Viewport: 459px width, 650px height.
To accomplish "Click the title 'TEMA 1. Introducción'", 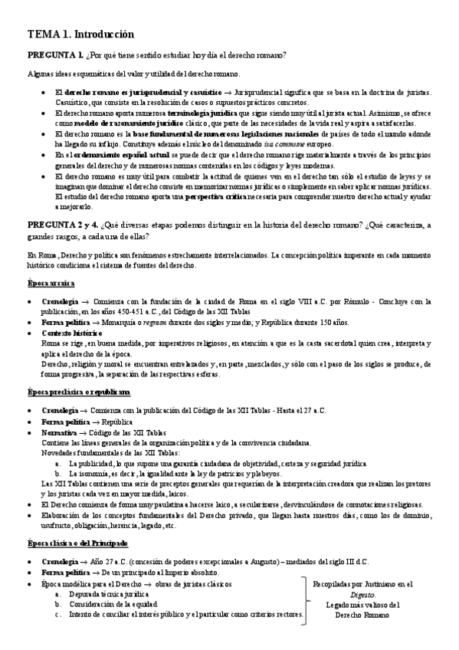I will [x=80, y=34].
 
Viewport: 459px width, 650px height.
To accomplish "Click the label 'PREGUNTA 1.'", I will [x=55, y=56].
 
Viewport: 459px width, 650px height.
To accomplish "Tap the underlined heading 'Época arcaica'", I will [x=51, y=283].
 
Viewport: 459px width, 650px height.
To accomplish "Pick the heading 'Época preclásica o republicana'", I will [x=78, y=392].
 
